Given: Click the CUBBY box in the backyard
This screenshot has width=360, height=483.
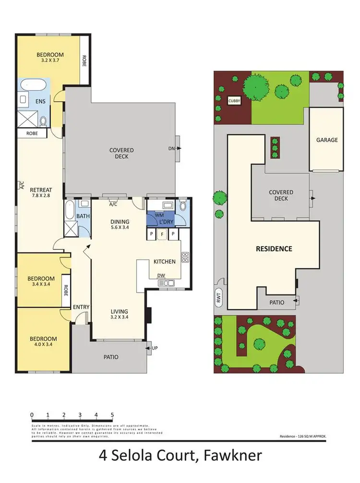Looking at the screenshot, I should [235, 100].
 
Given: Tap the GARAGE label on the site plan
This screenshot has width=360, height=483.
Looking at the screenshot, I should [327, 140].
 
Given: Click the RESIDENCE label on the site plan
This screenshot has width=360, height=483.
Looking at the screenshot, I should [274, 249].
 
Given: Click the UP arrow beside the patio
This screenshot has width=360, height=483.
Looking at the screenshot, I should [153, 347].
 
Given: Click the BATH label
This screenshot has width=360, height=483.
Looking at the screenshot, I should [83, 217].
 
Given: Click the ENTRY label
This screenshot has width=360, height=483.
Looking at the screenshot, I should [79, 307].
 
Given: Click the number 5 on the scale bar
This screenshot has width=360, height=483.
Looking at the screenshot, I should [112, 414].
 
